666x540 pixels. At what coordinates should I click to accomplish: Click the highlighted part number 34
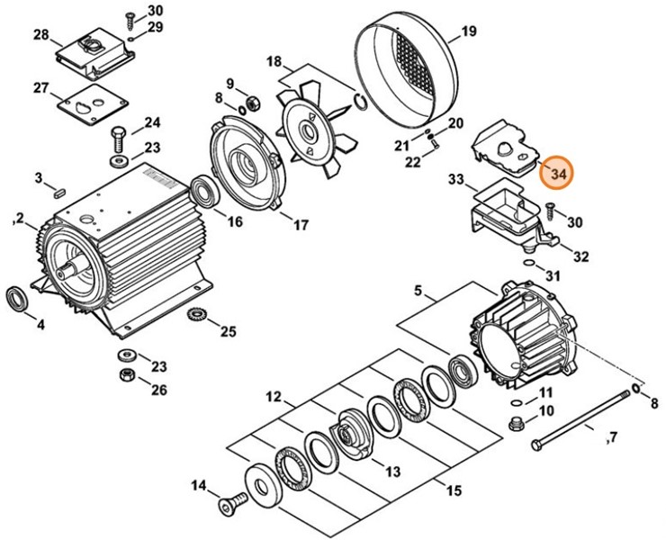click(556, 174)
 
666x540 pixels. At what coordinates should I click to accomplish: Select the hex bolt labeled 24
click(119, 139)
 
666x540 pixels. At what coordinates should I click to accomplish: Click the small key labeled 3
click(59, 193)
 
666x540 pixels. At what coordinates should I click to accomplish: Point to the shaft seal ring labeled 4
click(17, 300)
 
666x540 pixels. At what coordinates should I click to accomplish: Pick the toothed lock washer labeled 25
click(196, 315)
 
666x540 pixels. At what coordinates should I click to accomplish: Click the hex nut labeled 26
click(126, 375)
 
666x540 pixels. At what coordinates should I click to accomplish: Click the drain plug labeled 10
click(515, 424)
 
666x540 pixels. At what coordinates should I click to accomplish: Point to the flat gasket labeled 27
click(93, 104)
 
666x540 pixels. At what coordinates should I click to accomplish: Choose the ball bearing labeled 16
click(205, 192)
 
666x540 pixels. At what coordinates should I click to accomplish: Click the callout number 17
click(301, 224)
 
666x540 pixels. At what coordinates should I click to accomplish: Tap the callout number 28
click(41, 34)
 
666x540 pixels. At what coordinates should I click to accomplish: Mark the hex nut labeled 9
click(253, 103)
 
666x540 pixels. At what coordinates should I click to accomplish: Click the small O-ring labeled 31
click(529, 263)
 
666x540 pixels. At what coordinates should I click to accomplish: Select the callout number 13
click(392, 472)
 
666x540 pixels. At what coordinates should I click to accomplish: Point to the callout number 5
click(418, 291)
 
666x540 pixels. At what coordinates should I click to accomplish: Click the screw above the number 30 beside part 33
click(549, 211)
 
